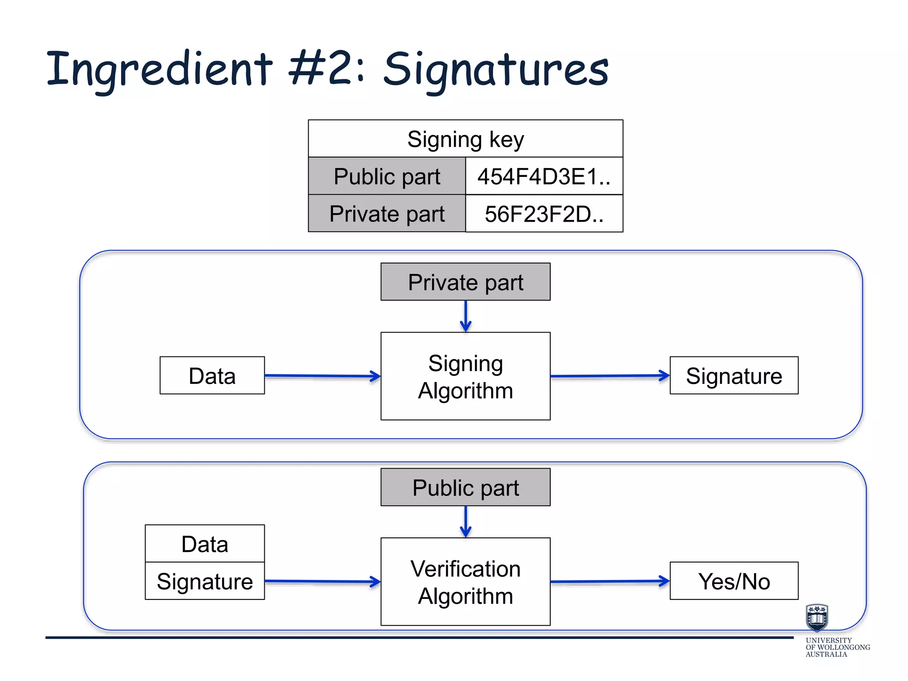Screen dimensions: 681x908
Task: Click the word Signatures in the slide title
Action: point(496,70)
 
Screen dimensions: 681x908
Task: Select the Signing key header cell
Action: point(466,139)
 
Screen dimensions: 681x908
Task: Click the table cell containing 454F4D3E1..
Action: point(544,176)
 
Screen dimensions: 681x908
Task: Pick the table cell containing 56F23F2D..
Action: point(544,214)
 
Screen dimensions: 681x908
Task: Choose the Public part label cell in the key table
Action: point(387,176)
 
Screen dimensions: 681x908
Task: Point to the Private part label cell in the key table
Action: point(387,214)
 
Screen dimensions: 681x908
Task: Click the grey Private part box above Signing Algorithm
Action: point(466,282)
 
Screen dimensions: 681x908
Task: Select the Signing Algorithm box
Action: point(466,376)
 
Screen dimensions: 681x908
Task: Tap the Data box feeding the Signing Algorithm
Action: point(212,376)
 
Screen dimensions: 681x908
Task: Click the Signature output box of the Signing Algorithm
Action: point(734,376)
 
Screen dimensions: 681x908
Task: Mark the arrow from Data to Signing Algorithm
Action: point(322,376)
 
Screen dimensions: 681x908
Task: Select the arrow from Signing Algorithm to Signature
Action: point(610,376)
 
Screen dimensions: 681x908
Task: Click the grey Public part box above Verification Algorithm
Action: point(466,488)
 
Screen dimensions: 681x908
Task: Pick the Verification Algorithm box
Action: point(466,582)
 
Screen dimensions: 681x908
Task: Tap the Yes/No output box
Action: point(734,581)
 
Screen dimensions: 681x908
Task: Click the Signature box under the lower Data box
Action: point(205,581)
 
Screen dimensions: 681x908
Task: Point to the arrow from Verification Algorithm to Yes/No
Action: point(610,581)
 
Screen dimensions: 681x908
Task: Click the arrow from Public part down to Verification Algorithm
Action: point(466,522)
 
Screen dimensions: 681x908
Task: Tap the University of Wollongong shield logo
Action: point(817,618)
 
